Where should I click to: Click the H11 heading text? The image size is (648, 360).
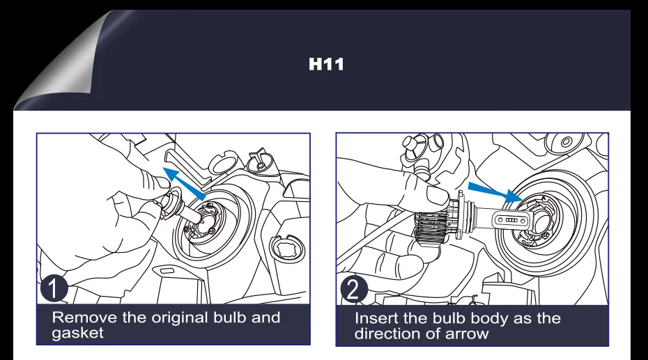(x=326, y=64)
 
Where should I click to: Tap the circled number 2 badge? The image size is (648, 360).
(x=354, y=289)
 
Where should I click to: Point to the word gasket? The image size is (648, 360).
(x=78, y=333)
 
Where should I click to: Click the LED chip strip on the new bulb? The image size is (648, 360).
(x=511, y=220)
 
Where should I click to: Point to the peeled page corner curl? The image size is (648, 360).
(x=62, y=62)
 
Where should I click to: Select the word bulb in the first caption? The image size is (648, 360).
(x=229, y=318)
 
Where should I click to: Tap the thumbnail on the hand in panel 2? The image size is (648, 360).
(x=438, y=195)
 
